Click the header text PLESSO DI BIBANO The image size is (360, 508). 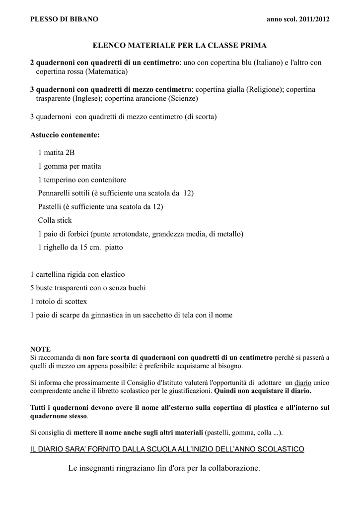(x=64, y=19)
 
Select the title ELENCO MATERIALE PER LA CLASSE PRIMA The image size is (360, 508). (x=180, y=45)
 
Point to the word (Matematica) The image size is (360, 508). (x=107, y=72)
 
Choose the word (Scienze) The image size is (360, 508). (x=183, y=99)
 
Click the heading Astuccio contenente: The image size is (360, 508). (x=65, y=135)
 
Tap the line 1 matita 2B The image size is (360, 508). (x=56, y=152)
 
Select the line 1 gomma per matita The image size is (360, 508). (x=69, y=166)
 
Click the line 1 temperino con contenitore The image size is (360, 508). (x=82, y=180)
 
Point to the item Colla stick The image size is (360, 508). (x=55, y=220)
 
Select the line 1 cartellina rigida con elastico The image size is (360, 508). (x=77, y=274)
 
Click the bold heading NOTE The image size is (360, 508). (x=40, y=349)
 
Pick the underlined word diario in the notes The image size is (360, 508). (x=303, y=382)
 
